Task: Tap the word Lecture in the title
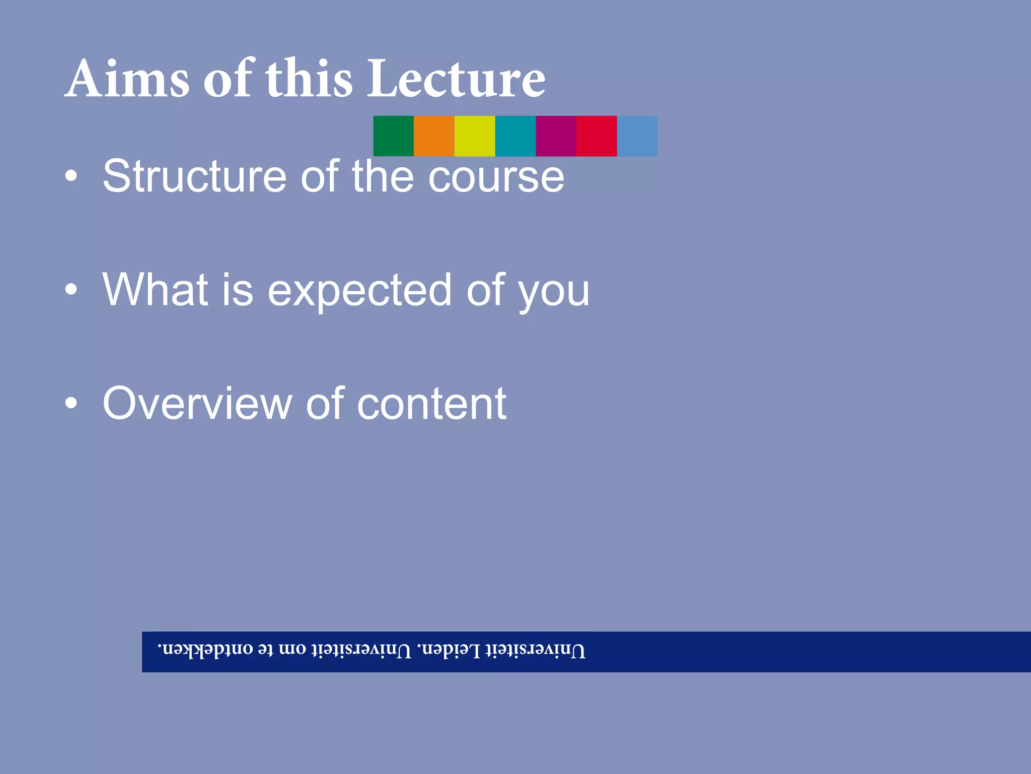456,79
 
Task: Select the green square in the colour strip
393,136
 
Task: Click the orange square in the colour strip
434,136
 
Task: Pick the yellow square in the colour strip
475,136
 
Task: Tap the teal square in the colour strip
515,136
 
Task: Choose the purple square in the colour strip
556,136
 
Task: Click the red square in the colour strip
597,136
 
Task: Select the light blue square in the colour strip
637,136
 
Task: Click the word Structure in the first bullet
194,176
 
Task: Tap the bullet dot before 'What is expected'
71,290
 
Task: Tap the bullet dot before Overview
71,403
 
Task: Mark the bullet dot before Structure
71,176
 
